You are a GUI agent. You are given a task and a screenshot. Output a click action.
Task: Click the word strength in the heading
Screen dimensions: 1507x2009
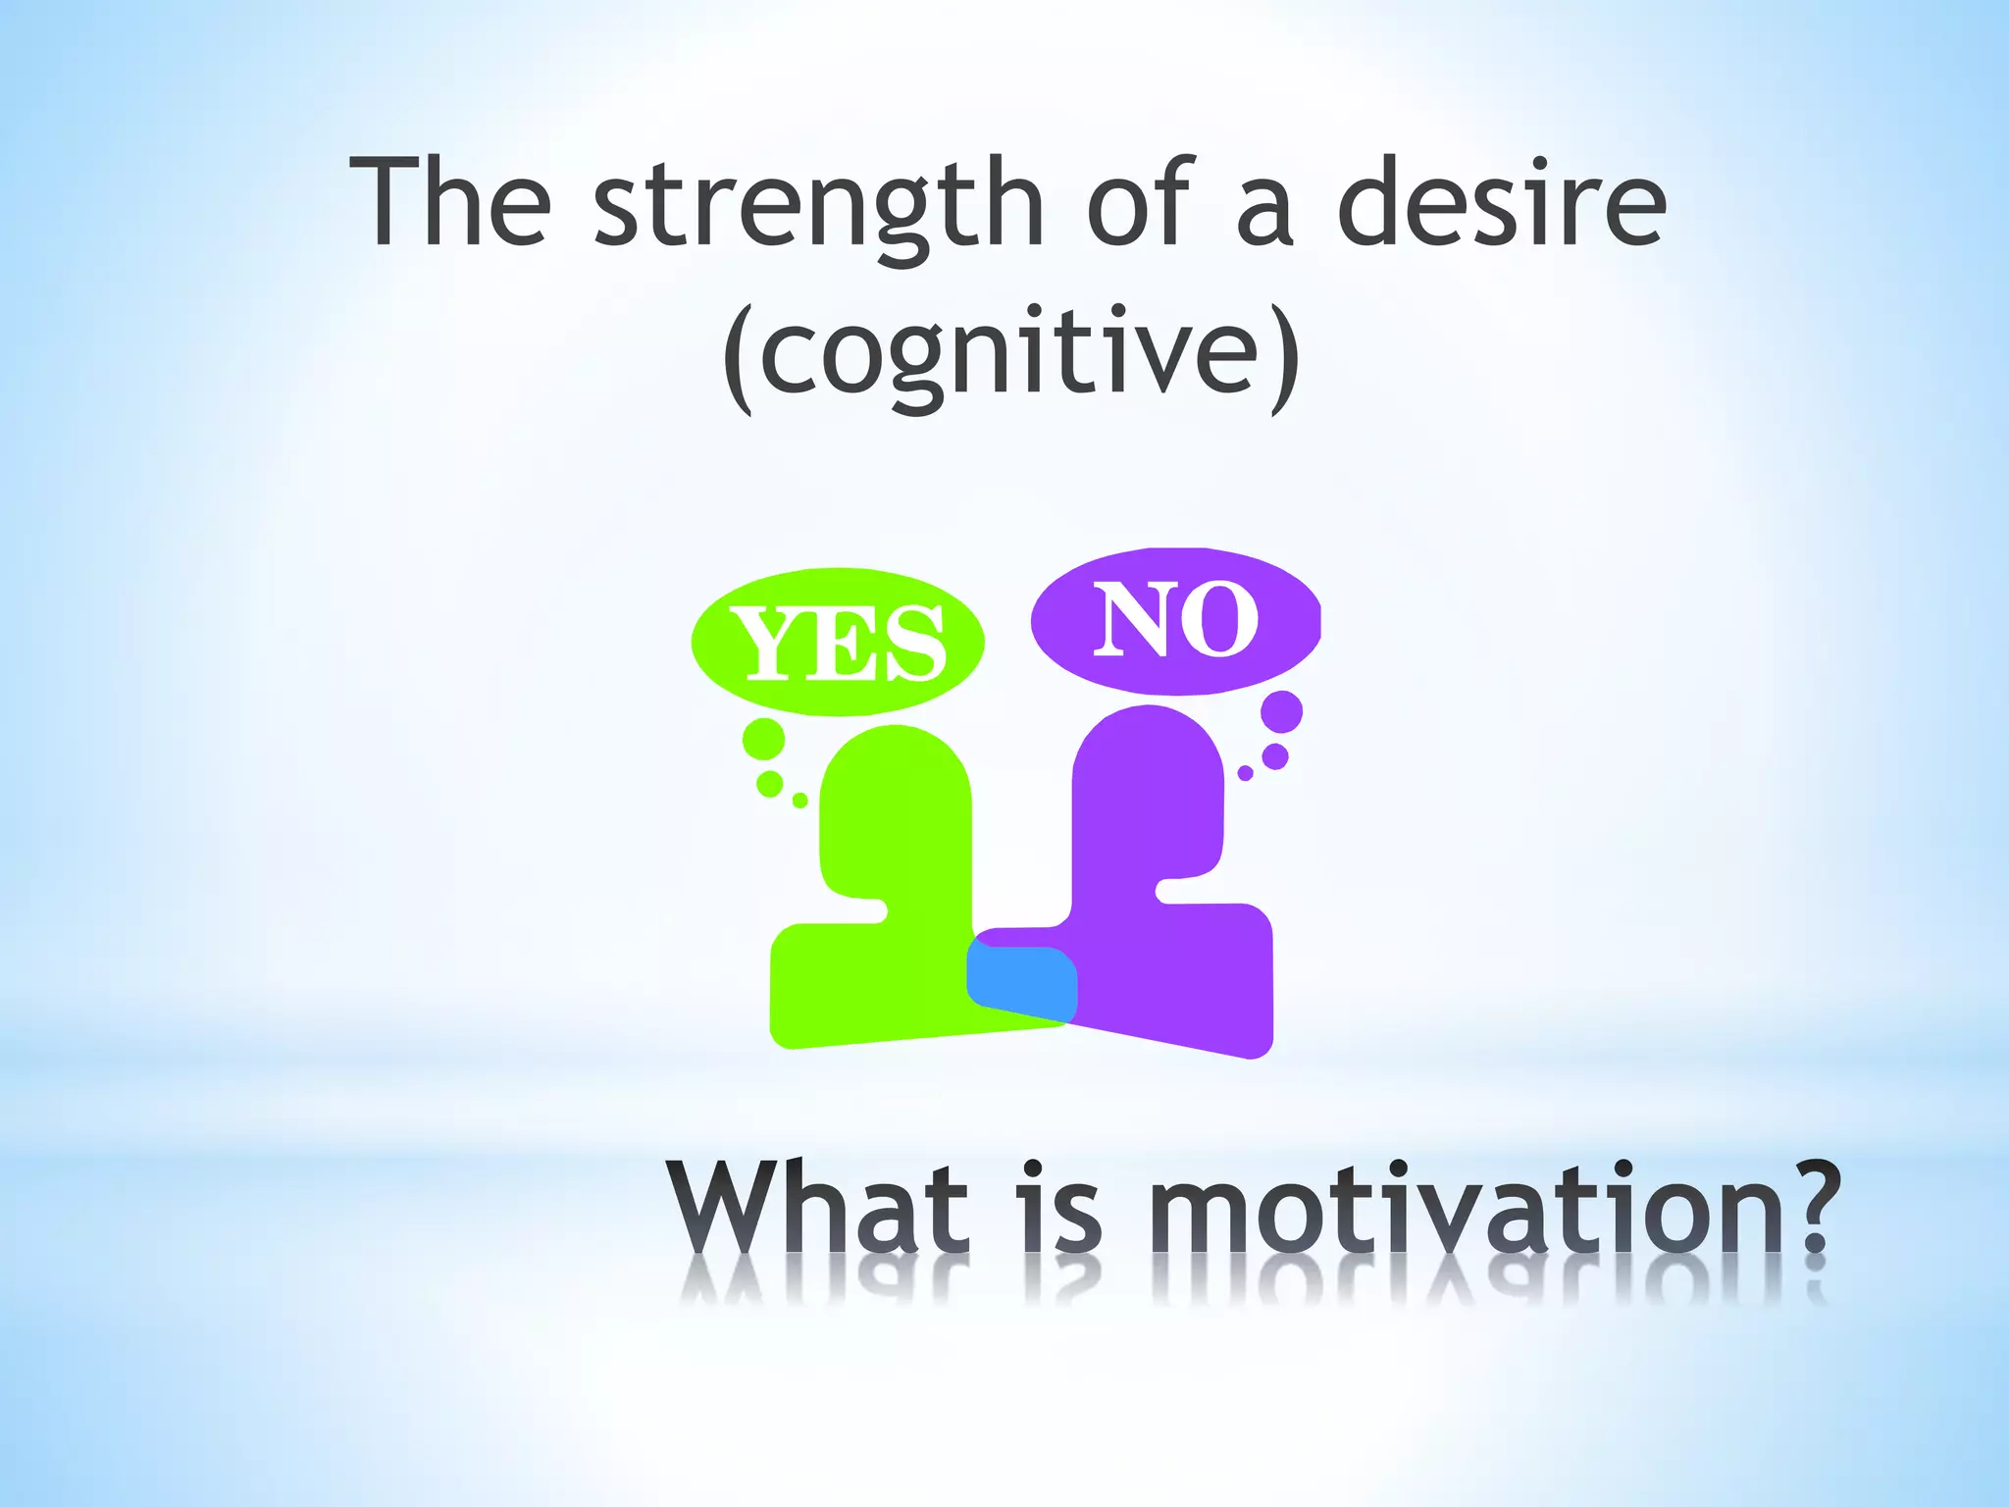pos(819,206)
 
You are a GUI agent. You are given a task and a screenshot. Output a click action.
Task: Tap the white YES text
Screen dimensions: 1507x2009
pos(838,643)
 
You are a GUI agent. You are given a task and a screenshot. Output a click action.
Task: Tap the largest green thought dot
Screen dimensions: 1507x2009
pos(764,739)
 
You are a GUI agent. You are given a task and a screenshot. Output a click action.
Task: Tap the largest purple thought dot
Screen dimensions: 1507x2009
pos(1281,711)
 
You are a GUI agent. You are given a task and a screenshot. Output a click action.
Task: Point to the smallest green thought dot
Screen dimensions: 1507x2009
pos(799,801)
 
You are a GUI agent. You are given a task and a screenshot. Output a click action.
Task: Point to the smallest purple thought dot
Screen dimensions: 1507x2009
pos(1245,773)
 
